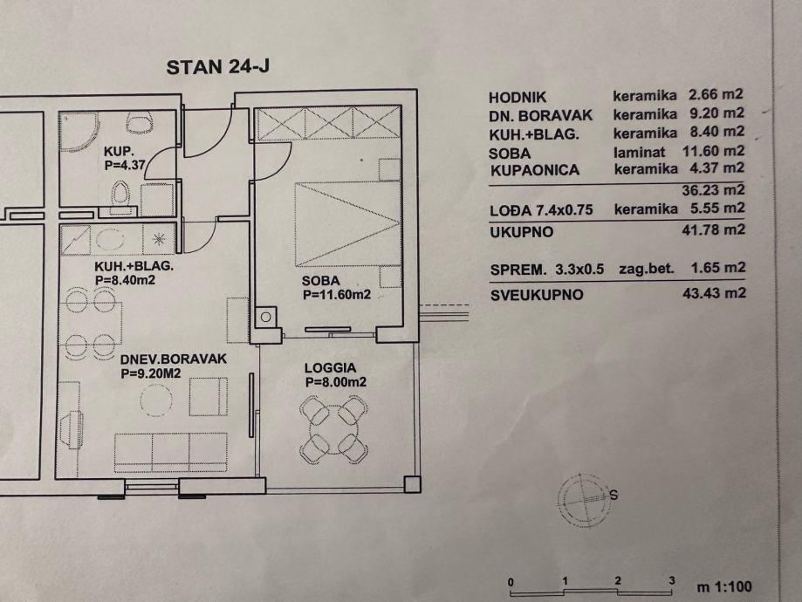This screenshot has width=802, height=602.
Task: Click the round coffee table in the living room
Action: pyautogui.click(x=158, y=399)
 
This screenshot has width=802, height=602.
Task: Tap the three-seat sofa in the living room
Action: pyautogui.click(x=171, y=448)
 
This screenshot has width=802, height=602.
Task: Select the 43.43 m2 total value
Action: pyautogui.click(x=716, y=294)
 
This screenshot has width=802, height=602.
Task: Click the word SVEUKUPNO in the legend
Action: pyautogui.click(x=536, y=295)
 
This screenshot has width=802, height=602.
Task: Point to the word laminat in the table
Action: pyautogui.click(x=639, y=151)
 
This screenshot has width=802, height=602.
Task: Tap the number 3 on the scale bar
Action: pyautogui.click(x=671, y=580)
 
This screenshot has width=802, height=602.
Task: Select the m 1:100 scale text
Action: pyautogui.click(x=723, y=587)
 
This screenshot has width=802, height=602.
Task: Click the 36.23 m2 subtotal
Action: pyautogui.click(x=716, y=188)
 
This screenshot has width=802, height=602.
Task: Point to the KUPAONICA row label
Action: pyautogui.click(x=534, y=170)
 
